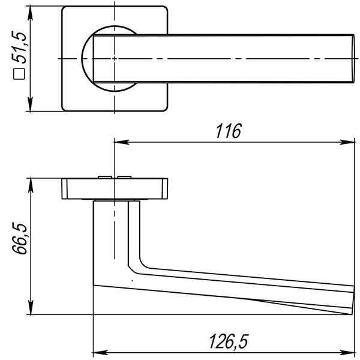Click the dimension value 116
click(228, 131)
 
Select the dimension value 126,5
click(228, 341)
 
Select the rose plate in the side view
click(114, 188)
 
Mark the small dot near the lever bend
click(131, 280)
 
